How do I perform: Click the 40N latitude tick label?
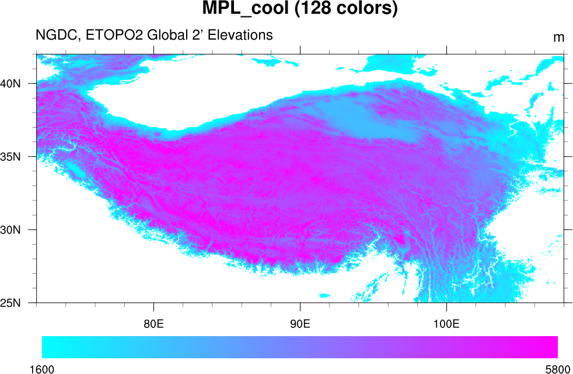point(11,83)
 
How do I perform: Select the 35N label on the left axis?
point(11,157)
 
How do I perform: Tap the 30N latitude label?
point(11,230)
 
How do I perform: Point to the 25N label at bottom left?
point(11,303)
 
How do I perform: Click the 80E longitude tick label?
point(153,324)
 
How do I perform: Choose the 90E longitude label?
point(300,324)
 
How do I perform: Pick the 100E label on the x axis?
point(446,324)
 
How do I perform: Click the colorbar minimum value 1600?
point(42,369)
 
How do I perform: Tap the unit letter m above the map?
point(558,38)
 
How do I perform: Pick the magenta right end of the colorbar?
point(552,347)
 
